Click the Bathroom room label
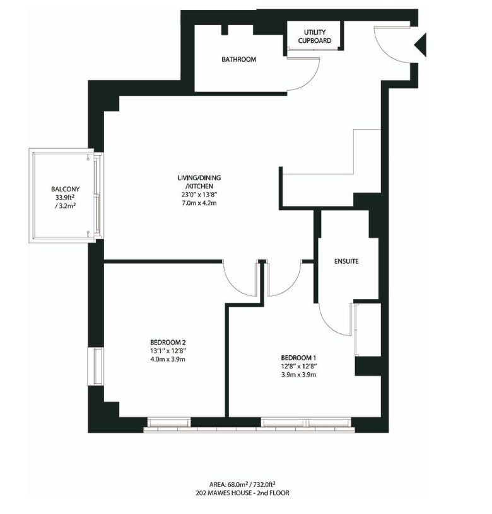tap(238, 59)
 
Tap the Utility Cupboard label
tap(314, 37)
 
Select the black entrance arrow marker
tap(420, 45)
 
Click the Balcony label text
tap(66, 189)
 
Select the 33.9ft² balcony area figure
tap(66, 197)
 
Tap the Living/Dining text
tap(199, 178)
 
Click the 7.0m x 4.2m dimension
tap(199, 203)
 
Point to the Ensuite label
tap(346, 261)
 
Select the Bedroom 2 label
tap(168, 343)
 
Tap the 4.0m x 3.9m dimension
tap(168, 359)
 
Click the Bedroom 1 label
tap(298, 358)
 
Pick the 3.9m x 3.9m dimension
tap(299, 375)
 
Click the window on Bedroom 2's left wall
tap(95, 367)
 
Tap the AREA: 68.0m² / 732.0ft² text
tap(243, 484)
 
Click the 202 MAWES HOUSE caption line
tap(243, 493)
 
